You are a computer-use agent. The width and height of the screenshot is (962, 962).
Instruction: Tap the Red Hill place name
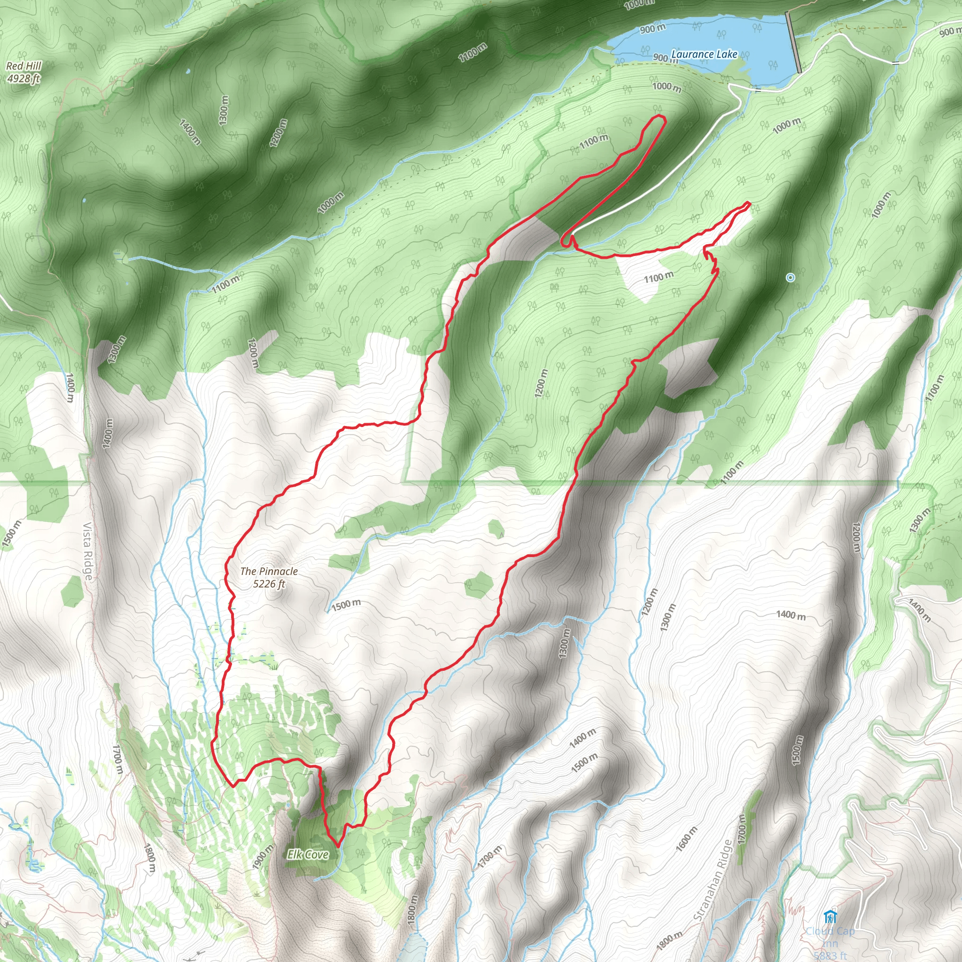tap(24, 66)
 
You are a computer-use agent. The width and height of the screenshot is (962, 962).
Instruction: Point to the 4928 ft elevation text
tap(23, 78)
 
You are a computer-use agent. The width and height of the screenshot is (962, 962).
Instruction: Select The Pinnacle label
tap(269, 571)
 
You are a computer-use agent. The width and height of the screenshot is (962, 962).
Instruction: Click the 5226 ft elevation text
tap(269, 583)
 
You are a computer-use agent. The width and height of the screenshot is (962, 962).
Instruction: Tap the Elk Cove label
tap(308, 854)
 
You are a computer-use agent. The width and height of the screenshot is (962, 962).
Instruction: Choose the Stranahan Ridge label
tap(713, 880)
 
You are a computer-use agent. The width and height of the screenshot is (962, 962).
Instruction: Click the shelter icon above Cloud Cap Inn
tap(830, 917)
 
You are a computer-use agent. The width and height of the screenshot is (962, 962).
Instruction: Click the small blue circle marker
tap(790, 277)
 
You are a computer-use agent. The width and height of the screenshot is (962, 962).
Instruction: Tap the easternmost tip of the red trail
tap(749, 202)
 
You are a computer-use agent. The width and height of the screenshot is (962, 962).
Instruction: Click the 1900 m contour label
tap(263, 856)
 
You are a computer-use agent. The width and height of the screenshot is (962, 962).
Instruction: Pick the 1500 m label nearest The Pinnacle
tap(346, 605)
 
